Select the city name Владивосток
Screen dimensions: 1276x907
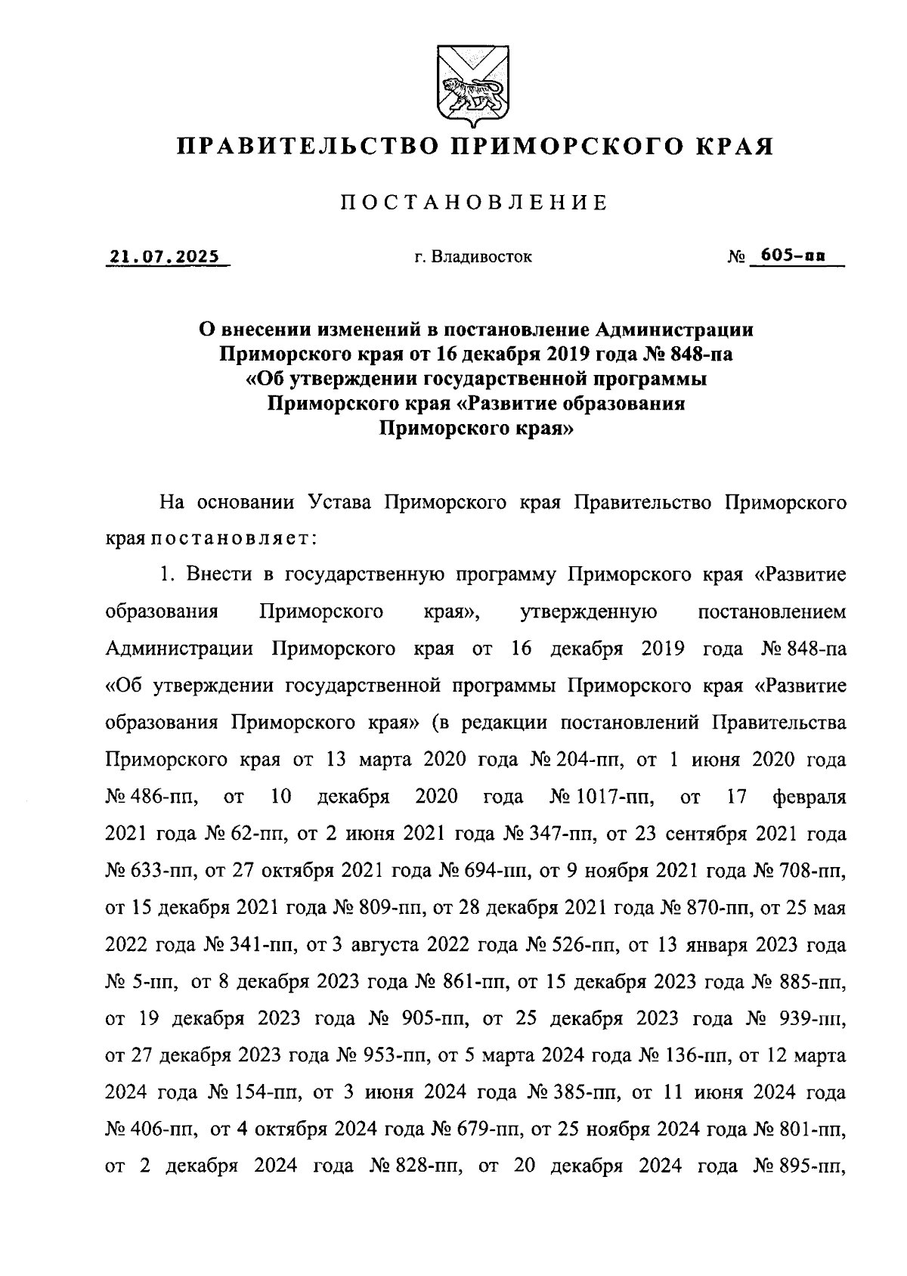[482, 258]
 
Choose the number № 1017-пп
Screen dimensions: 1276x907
[595, 796]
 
